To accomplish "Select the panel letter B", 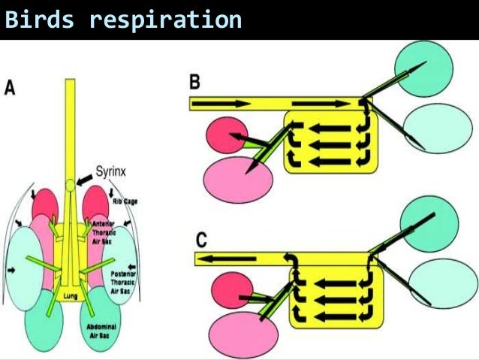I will pyautogui.click(x=194, y=82).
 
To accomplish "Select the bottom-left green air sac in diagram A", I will pyautogui.click(x=45, y=319).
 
